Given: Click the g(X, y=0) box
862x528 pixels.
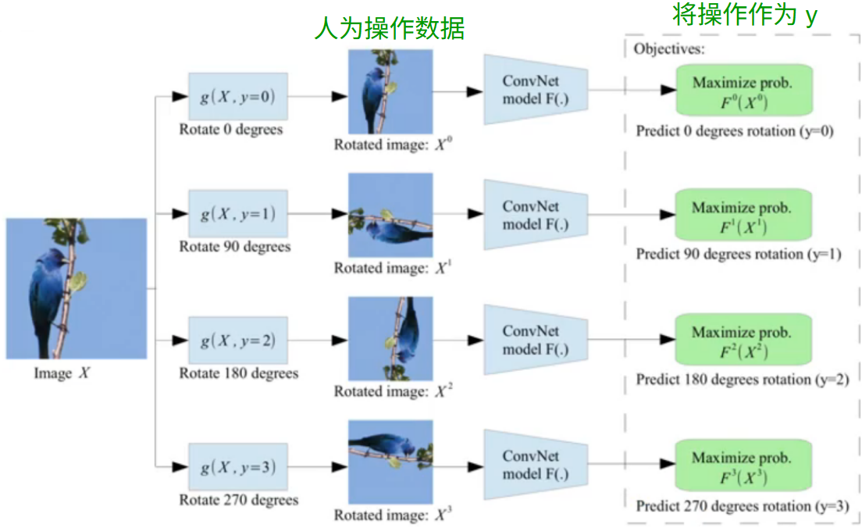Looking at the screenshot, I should [238, 96].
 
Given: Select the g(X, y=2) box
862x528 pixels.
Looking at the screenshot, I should [238, 341].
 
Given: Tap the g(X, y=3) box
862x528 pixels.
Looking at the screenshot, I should [238, 467].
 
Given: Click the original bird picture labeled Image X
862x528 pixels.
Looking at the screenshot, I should [77, 288].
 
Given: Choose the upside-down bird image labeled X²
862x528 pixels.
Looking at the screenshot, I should [390, 338].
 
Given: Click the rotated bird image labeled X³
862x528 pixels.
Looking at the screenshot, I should [390, 462].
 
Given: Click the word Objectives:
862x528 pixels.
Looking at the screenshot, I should [669, 49].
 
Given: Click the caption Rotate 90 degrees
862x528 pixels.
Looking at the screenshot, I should [235, 247].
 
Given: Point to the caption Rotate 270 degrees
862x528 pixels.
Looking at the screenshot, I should [238, 500].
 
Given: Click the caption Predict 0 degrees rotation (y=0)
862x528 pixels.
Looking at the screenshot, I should [735, 131].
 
